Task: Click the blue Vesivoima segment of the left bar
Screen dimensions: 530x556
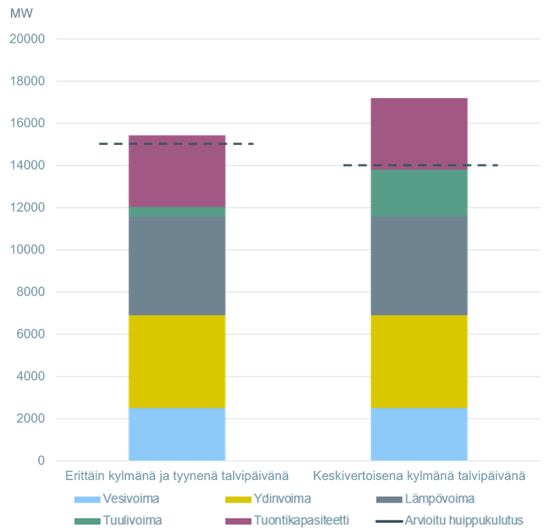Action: [x=177, y=433]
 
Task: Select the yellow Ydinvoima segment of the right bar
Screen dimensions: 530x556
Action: [x=419, y=361]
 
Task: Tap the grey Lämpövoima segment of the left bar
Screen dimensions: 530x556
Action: [x=177, y=265]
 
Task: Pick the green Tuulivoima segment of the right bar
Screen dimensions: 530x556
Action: [x=419, y=193]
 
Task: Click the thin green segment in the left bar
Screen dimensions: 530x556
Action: [x=177, y=211]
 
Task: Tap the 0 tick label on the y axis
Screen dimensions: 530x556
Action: [x=41, y=460]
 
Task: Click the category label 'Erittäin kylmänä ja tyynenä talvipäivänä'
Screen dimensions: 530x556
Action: [x=177, y=475]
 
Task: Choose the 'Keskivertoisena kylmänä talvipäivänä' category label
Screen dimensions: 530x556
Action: [x=419, y=475]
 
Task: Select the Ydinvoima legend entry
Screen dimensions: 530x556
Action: [x=282, y=499]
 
